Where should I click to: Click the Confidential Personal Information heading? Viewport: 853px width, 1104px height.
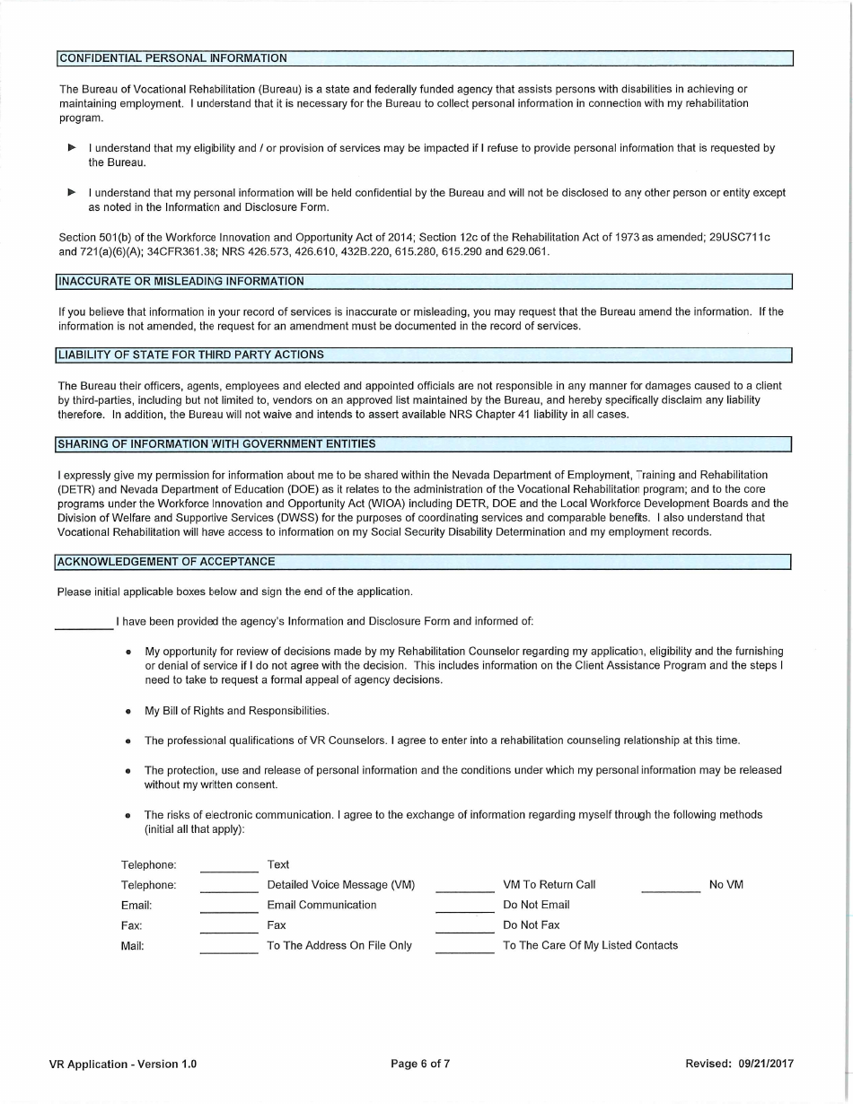click(x=173, y=58)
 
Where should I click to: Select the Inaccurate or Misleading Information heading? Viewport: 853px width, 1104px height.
click(x=181, y=282)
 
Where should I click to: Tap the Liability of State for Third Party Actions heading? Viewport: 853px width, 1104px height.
click(x=191, y=355)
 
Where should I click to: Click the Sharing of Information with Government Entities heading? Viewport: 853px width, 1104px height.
click(x=216, y=444)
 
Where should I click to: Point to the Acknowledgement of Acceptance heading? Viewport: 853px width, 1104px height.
click(x=166, y=562)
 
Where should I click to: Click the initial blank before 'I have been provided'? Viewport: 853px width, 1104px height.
click(x=84, y=621)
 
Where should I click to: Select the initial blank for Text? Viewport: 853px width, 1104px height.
click(x=229, y=865)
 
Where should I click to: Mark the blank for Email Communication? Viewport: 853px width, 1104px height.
click(x=229, y=906)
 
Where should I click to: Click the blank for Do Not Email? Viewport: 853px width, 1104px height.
click(x=464, y=906)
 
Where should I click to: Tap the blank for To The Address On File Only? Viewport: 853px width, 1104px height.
click(x=229, y=946)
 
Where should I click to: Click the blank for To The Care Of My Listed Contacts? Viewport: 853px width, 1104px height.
click(x=464, y=946)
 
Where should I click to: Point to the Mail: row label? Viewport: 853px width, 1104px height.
click(x=132, y=946)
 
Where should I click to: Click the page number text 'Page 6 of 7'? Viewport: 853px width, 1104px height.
click(x=420, y=1065)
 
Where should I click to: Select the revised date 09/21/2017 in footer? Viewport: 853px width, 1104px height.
click(x=767, y=1065)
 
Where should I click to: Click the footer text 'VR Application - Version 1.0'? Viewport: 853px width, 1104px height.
click(x=123, y=1065)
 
